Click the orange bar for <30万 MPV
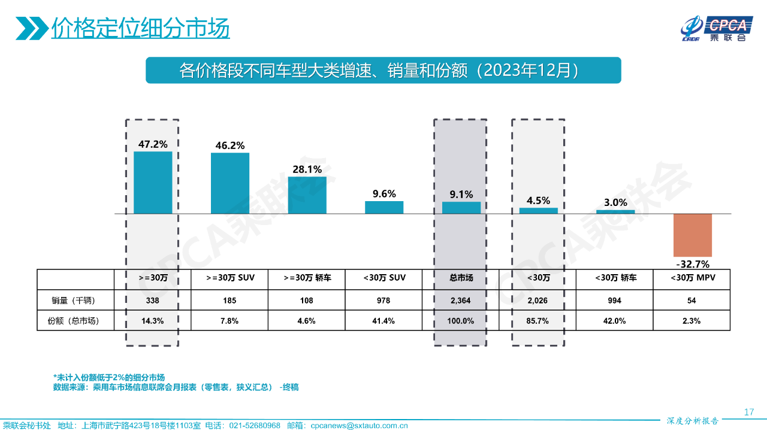(x=692, y=235)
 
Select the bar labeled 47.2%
(x=153, y=183)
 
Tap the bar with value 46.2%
(x=230, y=183)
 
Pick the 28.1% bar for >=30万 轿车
(x=307, y=195)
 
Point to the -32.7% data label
(x=692, y=264)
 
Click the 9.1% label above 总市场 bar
(x=461, y=194)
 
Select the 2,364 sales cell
(x=461, y=301)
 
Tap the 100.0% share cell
(x=461, y=321)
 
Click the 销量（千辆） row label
(x=75, y=301)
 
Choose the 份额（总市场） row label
(x=75, y=321)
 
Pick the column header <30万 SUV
(x=384, y=278)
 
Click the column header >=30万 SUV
(x=230, y=278)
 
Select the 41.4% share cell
(x=384, y=321)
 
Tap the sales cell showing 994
(x=614, y=301)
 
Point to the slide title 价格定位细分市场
(x=140, y=28)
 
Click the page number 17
(x=748, y=412)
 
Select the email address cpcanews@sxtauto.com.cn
(x=359, y=426)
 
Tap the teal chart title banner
(x=383, y=71)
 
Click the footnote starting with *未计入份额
(x=109, y=377)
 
